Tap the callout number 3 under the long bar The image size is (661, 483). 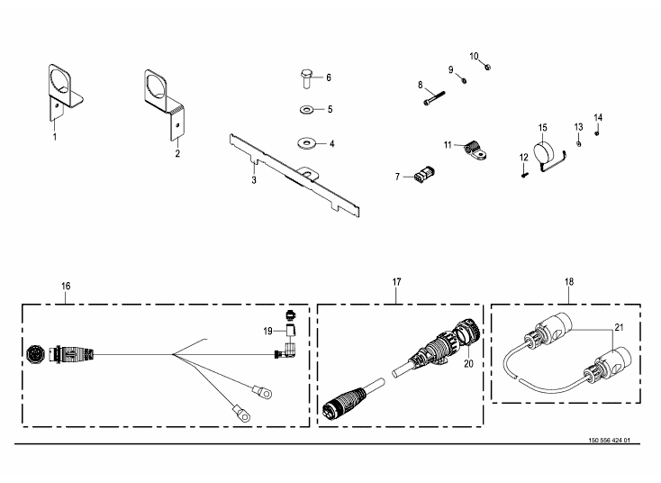[254, 180]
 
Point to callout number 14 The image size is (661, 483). [598, 118]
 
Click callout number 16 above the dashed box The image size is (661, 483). [66, 286]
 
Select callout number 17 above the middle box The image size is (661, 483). [396, 282]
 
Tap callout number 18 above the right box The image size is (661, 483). [568, 282]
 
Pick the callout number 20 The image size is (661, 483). [467, 364]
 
